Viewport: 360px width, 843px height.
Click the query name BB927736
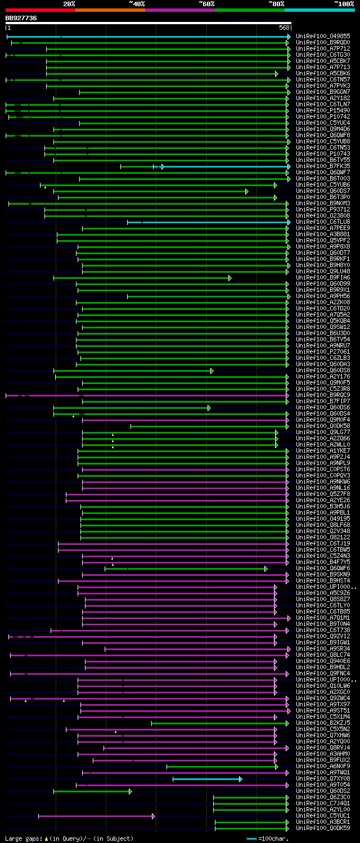coord(21,18)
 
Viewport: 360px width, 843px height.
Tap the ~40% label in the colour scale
coord(137,4)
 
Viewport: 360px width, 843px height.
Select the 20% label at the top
coord(69,4)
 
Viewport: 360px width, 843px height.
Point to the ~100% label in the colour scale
coord(344,4)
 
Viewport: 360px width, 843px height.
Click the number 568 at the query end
coord(284,28)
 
